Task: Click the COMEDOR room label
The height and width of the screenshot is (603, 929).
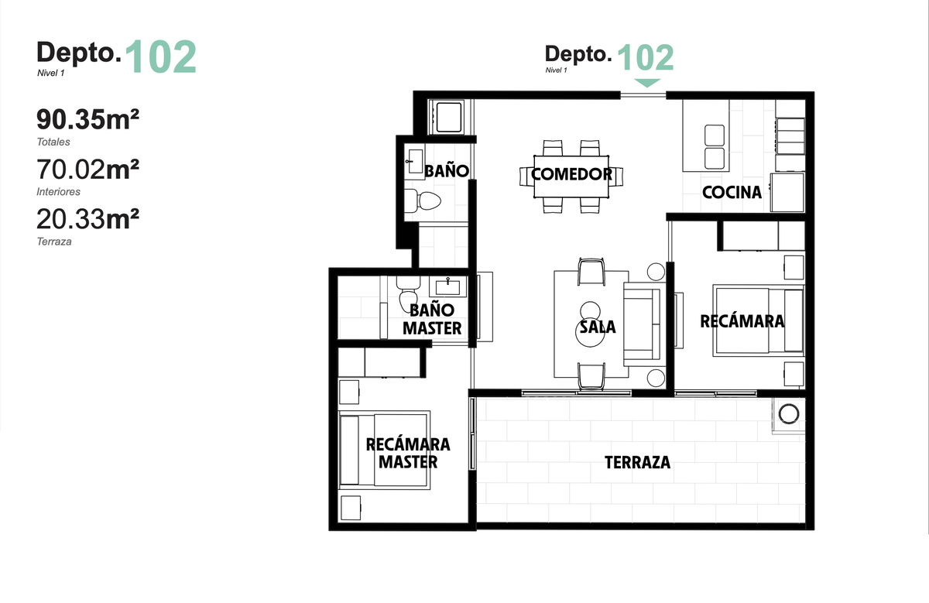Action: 571,174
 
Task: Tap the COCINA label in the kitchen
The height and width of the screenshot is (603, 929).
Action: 732,193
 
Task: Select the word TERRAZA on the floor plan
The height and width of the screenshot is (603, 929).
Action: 637,462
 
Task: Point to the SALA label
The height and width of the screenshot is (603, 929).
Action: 598,327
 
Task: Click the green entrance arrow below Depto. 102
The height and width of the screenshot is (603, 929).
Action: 647,83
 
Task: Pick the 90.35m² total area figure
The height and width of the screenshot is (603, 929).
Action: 87,119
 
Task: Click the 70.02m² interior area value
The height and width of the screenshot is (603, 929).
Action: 87,170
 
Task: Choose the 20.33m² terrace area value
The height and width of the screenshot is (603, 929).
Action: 87,219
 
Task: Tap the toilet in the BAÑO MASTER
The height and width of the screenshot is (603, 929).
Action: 408,294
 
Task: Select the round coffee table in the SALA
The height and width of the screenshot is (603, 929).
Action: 590,332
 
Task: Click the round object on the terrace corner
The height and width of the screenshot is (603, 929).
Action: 788,414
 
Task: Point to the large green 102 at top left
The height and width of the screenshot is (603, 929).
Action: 160,57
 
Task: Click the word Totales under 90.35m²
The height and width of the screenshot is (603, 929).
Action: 53,142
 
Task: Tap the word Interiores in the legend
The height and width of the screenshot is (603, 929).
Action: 59,192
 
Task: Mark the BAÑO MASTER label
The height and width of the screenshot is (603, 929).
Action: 432,320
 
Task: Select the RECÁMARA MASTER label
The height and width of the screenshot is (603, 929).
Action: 408,454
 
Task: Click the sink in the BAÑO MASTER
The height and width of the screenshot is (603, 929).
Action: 447,286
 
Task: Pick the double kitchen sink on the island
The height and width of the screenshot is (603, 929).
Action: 715,147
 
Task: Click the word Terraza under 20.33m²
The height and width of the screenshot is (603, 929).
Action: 54,242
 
